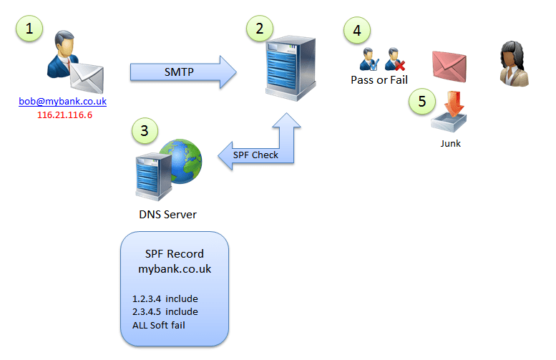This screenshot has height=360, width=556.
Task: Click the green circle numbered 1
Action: tap(29, 29)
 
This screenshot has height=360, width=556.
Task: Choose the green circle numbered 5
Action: tap(422, 101)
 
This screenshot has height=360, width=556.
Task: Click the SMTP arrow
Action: tap(182, 72)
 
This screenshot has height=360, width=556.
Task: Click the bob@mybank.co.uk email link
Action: tap(63, 102)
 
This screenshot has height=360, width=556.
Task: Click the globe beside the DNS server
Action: tap(182, 160)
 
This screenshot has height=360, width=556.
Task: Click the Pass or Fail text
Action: tap(379, 79)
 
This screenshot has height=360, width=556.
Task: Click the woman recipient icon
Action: tap(514, 64)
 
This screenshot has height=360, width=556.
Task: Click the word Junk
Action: tap(450, 143)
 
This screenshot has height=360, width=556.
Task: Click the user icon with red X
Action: tap(394, 58)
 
